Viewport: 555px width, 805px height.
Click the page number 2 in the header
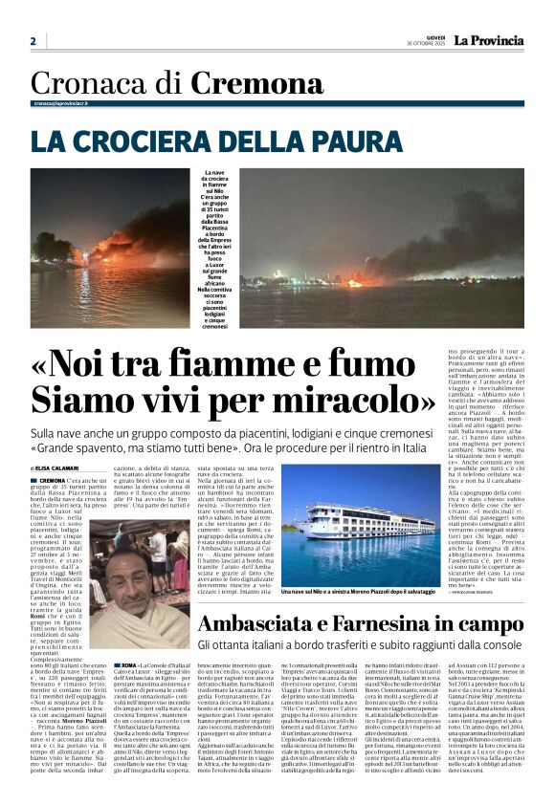click(x=33, y=41)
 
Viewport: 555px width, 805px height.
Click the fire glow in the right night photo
click(x=359, y=281)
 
